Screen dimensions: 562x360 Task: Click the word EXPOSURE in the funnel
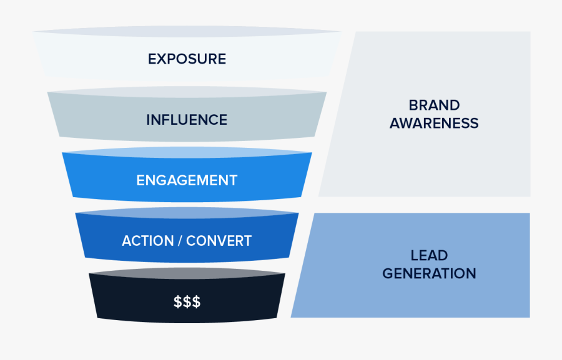[x=187, y=59]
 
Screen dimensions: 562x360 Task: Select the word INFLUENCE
[x=187, y=120]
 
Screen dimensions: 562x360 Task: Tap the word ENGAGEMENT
[x=187, y=180]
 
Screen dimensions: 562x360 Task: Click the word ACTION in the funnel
[x=147, y=241]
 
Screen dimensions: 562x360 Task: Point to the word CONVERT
[x=219, y=241]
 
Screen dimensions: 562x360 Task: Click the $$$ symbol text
[x=187, y=301]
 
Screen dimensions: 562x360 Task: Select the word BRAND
[x=434, y=105]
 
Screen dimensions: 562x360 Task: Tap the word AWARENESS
[x=434, y=124]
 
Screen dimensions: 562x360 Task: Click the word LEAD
[x=429, y=255]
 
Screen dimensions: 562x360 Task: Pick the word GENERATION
[x=429, y=274]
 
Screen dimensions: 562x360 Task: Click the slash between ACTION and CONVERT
[x=180, y=241]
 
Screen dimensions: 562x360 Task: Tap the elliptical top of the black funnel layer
[x=187, y=273]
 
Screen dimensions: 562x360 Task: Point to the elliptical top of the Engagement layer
[x=187, y=152]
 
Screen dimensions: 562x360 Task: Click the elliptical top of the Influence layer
[x=187, y=92]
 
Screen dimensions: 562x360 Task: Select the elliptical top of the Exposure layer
[x=187, y=32]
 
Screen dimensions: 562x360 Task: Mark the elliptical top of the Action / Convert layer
[x=187, y=213]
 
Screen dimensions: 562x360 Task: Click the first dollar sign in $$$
[x=178, y=301]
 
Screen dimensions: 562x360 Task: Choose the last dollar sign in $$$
[x=197, y=301]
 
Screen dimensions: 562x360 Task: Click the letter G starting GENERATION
[x=388, y=274]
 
